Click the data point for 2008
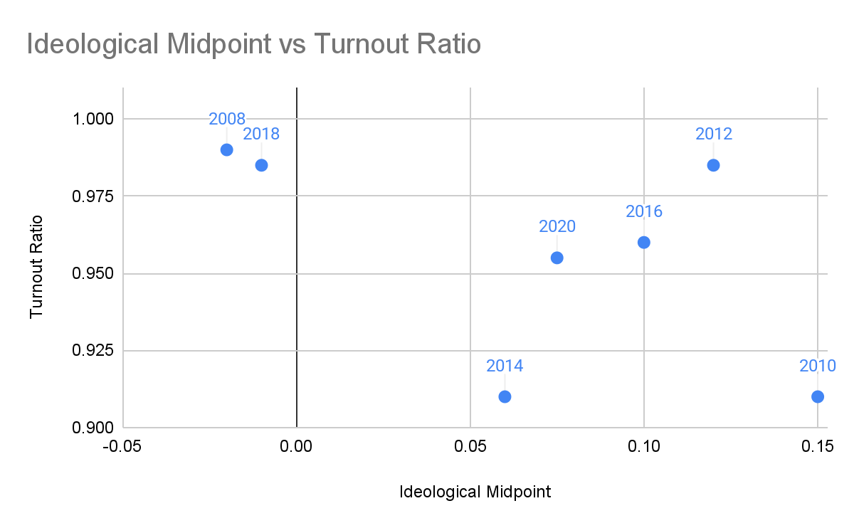(x=227, y=150)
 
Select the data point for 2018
(x=262, y=166)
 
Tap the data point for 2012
(x=713, y=166)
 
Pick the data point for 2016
(x=644, y=243)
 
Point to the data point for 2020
(x=557, y=258)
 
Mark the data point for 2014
(x=505, y=397)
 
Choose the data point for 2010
(x=818, y=397)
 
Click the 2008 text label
(x=227, y=119)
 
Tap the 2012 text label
(x=714, y=134)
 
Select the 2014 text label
(x=505, y=366)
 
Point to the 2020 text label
(x=557, y=226)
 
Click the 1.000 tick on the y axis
(x=93, y=119)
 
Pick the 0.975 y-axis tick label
(x=93, y=196)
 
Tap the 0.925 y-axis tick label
(x=93, y=350)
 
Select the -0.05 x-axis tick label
(x=122, y=446)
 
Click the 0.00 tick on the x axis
(x=296, y=446)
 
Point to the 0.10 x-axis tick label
(x=644, y=446)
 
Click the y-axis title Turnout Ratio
(x=36, y=267)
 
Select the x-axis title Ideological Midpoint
(x=475, y=492)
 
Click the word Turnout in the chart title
(x=362, y=44)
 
